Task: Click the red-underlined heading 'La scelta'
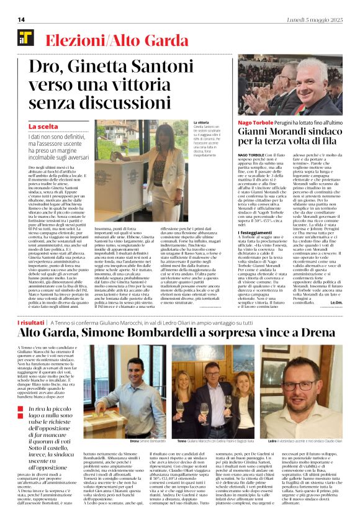click(x=43, y=127)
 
